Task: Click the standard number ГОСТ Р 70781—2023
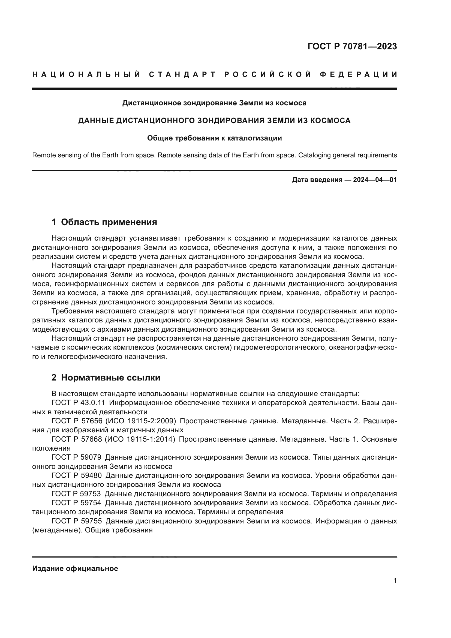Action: coord(352,46)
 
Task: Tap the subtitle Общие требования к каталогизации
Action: coord(214,138)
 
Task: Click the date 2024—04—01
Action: coord(375,180)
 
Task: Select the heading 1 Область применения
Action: coord(104,222)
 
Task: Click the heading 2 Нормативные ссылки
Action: coord(106,377)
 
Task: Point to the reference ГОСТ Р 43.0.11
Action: coord(78,403)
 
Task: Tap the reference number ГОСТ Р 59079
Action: coord(76,457)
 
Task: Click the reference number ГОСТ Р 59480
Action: coord(76,475)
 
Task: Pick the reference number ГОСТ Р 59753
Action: coord(76,494)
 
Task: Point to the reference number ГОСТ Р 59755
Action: coord(76,521)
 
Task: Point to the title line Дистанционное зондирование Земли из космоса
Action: coord(214,103)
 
